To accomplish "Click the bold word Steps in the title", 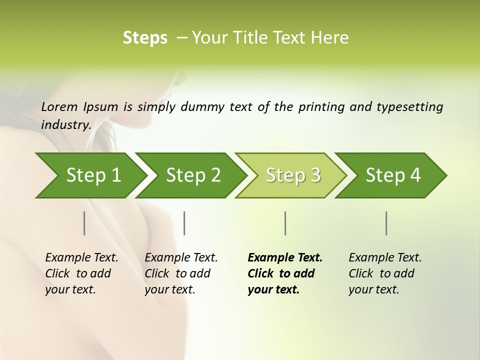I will click(145, 38).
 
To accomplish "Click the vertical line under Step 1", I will click(84, 223).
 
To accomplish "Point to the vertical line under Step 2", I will click(184, 223).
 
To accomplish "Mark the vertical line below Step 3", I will click(285, 223).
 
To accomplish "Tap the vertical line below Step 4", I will click(386, 223).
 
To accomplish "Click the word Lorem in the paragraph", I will click(59, 106).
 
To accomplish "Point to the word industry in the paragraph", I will click(66, 125).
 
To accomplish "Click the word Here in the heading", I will click(330, 38).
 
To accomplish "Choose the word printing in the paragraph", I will click(322, 107).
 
